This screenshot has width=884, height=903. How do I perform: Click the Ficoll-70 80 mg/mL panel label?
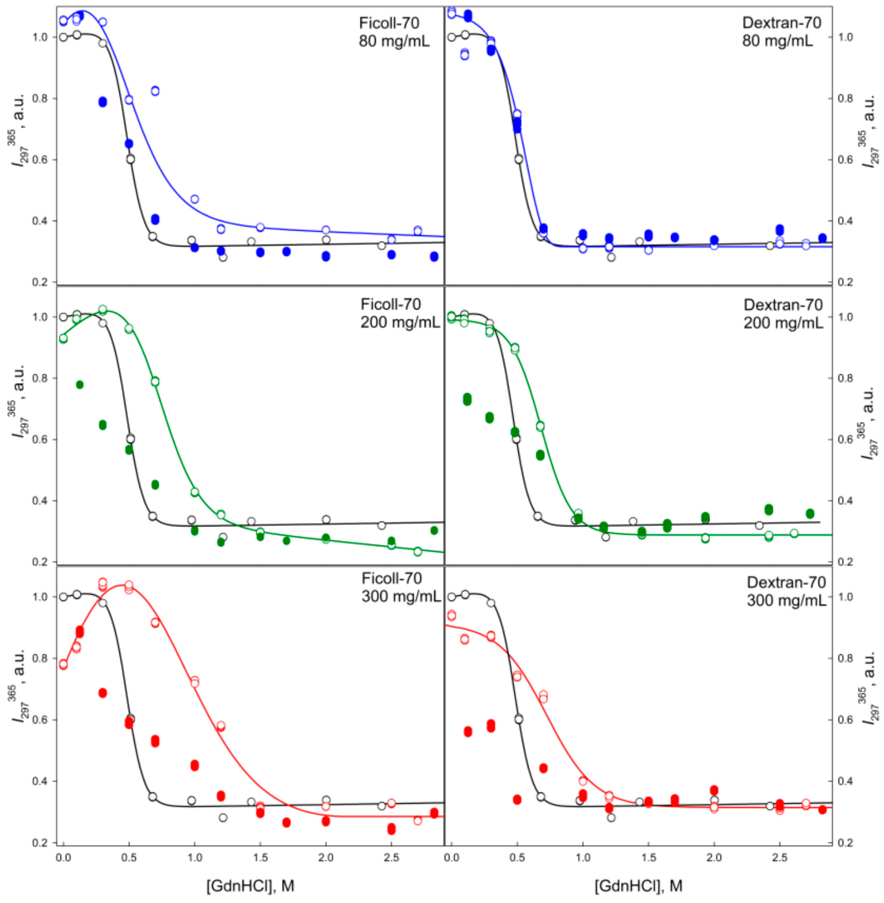394,32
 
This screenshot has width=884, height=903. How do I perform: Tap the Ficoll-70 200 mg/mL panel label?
399,312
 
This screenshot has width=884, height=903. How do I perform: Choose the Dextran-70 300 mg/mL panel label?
786,591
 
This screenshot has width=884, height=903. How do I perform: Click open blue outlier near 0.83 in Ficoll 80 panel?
155,91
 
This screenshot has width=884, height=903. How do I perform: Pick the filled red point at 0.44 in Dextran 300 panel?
543,768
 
